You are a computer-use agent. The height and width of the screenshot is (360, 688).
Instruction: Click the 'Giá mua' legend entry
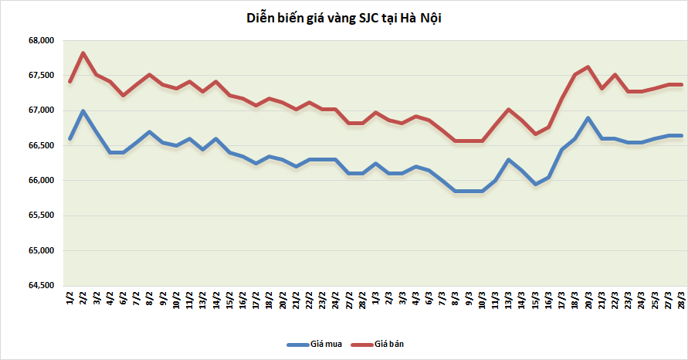pos(309,343)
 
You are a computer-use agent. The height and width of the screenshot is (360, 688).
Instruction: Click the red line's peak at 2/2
pos(83,53)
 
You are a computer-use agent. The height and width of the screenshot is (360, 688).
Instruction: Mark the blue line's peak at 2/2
pos(83,111)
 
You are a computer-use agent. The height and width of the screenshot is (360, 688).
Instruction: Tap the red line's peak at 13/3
pos(507,109)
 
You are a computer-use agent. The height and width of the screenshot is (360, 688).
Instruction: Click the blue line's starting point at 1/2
pos(69,139)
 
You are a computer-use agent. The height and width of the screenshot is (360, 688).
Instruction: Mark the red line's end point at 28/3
pos(680,84)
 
